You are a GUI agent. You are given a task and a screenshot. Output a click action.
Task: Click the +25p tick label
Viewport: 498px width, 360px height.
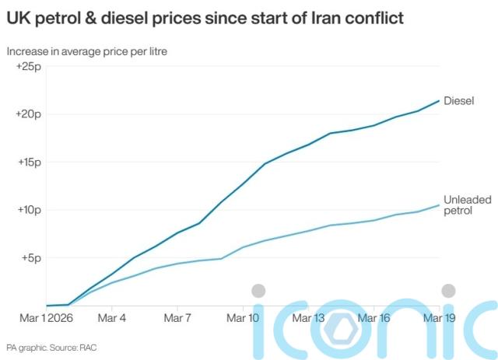28,68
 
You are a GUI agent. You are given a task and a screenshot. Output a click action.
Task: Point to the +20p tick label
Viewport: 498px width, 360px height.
28,114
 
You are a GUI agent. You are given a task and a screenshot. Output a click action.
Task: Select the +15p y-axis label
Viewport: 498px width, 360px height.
28,163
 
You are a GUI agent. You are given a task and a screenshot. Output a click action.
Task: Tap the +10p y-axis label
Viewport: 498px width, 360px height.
28,210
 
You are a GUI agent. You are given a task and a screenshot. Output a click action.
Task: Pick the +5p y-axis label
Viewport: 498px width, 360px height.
30,257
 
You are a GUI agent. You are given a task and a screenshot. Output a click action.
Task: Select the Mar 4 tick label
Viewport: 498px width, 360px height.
112,318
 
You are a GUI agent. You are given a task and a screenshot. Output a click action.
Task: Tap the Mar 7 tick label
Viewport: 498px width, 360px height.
177,318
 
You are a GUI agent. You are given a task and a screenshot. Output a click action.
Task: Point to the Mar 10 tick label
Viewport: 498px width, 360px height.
243,318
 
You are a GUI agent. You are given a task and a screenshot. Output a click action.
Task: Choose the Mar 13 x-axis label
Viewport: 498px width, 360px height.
309,318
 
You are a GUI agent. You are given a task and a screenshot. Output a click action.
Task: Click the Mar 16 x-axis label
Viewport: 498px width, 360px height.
374,318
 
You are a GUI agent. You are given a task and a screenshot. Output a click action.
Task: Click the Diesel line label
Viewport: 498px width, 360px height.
459,100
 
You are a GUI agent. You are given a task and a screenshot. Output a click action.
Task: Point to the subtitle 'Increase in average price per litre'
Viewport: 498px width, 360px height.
87,51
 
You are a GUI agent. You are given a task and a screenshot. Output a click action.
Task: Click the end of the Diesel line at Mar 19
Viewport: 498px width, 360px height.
439,101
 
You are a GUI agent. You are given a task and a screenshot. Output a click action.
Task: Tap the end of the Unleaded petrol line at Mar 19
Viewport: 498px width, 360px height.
439,205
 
